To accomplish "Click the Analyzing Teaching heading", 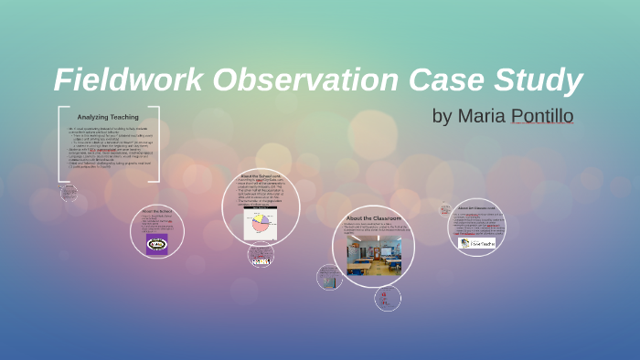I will (108, 117).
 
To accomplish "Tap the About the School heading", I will (157, 211).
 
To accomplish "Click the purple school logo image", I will (157, 244).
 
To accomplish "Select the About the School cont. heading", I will (261, 175).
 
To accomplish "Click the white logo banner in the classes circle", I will (477, 243).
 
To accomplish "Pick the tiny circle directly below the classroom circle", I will (388, 298).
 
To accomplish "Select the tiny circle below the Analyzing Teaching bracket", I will (69, 193).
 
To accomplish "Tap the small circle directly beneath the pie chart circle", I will (261, 256).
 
